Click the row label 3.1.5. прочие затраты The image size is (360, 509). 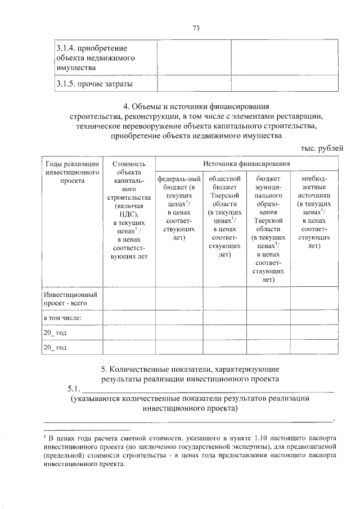click(94, 84)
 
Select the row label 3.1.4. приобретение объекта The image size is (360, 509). click(96, 58)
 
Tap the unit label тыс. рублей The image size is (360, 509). click(319, 147)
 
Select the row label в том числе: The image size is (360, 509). click(64, 318)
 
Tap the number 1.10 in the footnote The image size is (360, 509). click(253, 436)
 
